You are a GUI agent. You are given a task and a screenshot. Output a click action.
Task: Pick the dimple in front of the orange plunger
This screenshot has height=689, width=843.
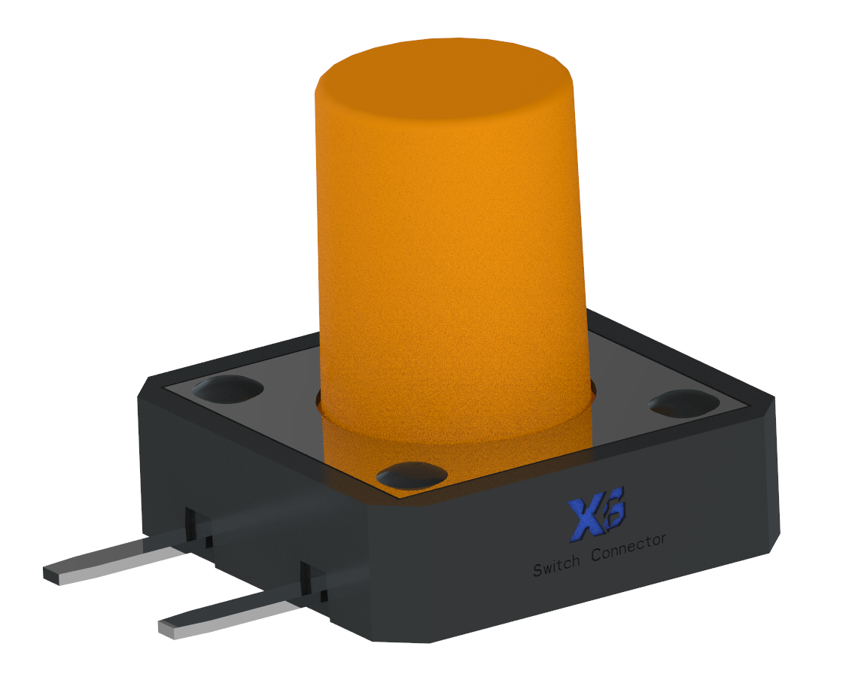[412, 475]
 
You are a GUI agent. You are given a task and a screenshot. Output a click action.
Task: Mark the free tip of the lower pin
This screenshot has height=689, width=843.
[169, 627]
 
